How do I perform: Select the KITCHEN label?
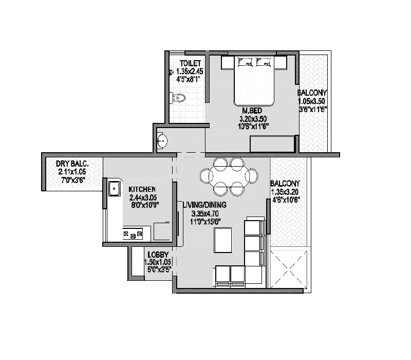pos(142,189)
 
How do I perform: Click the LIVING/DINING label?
pos(204,205)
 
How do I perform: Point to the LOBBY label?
pos(158,254)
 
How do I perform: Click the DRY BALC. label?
pos(71,164)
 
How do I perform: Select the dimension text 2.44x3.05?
pos(143,197)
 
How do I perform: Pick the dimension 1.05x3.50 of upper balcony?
pos(312,101)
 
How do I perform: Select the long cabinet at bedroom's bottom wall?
pos(272,144)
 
